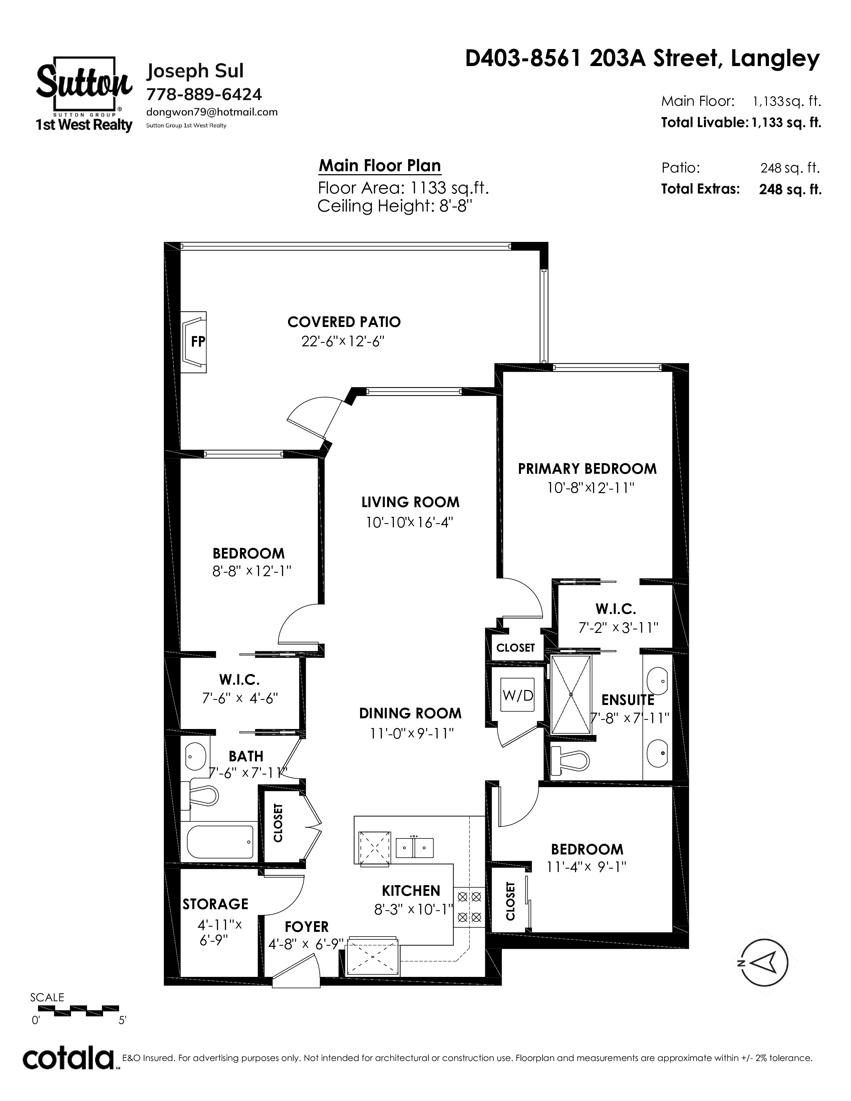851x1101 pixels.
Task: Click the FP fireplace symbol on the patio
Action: [x=193, y=342]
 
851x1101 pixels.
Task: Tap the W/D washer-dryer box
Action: [x=518, y=695]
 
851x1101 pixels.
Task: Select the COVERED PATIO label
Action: [x=344, y=322]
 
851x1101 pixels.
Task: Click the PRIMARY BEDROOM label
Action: [x=587, y=469]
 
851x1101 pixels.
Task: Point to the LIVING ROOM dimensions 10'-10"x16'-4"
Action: [x=410, y=522]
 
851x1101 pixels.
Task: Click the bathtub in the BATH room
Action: [x=220, y=841]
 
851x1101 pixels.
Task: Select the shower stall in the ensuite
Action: [x=571, y=695]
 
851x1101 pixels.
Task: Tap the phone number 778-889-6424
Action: [x=204, y=94]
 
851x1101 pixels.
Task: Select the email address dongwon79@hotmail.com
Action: [x=212, y=112]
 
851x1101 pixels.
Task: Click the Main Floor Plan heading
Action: [x=380, y=165]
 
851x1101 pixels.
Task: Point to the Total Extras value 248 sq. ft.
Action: [x=790, y=189]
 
